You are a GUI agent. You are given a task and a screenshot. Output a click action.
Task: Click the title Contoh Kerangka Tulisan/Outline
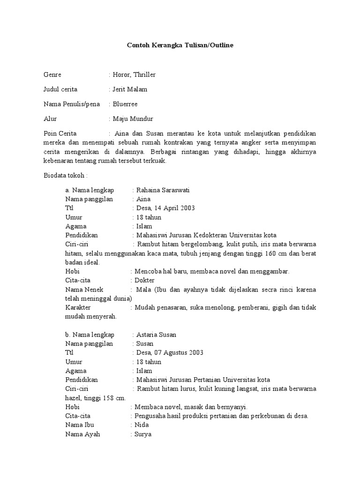(x=180, y=45)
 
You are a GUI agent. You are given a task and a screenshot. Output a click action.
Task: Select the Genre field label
(x=52, y=75)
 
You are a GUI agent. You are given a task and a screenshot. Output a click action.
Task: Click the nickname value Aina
(x=143, y=199)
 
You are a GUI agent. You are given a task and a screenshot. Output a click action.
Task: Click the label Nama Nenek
(x=84, y=290)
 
